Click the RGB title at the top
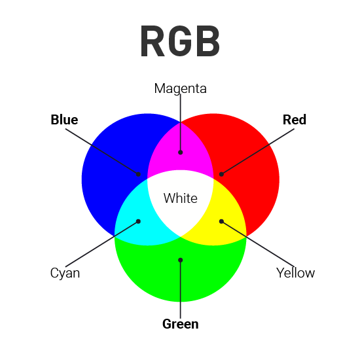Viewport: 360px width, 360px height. tap(180, 41)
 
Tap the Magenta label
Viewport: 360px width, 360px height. tap(180, 88)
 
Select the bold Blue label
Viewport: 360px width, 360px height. tap(64, 120)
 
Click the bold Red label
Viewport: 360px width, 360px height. tap(295, 120)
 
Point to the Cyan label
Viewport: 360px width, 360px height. tap(65, 273)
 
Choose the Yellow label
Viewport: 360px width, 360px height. tap(295, 273)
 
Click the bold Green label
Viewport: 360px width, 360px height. tap(181, 324)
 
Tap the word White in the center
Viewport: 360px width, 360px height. tap(181, 198)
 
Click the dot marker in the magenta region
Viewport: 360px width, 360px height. tap(181, 153)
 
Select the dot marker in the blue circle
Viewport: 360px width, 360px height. tap(138, 174)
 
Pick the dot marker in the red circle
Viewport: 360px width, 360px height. tap(221, 174)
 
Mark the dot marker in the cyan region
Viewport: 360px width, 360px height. tap(138, 221)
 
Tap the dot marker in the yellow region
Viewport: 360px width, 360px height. tap(221, 221)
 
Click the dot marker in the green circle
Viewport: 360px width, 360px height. tap(181, 260)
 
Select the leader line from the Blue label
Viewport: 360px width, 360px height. tap(101, 152)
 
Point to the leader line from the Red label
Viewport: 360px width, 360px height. tap(258, 152)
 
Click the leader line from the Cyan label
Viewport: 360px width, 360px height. tap(101, 244)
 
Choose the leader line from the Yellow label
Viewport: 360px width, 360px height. tap(258, 244)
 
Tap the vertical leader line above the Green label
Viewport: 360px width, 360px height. tap(181, 289)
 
